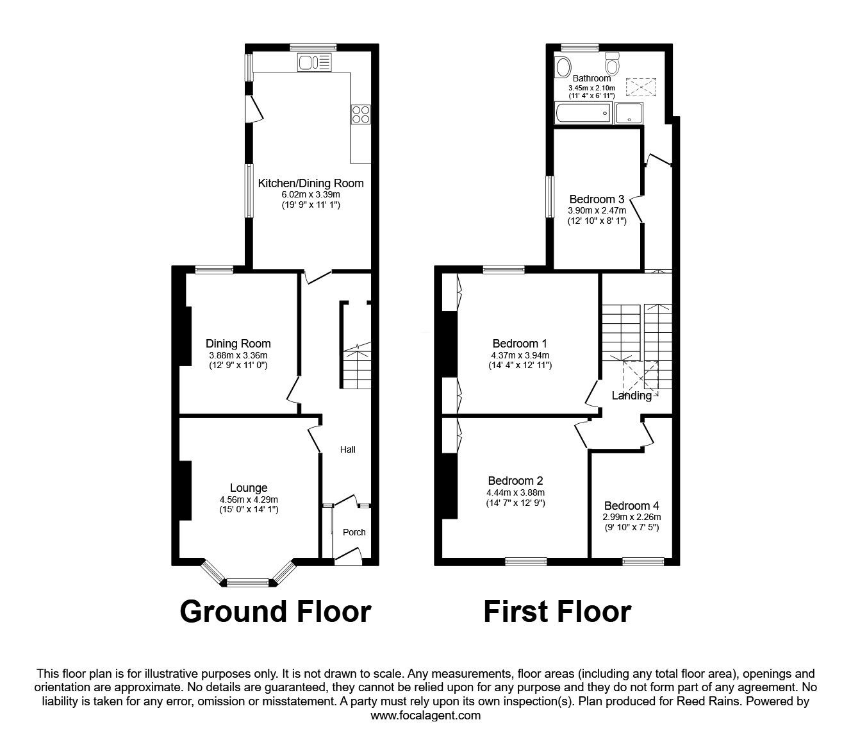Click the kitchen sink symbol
pyautogui.click(x=314, y=62)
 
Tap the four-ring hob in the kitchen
pyautogui.click(x=361, y=114)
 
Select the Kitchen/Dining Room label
pyautogui.click(x=310, y=183)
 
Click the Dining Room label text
pyautogui.click(x=238, y=344)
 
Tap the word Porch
pyautogui.click(x=354, y=532)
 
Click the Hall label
pyautogui.click(x=347, y=449)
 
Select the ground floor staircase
pyautogui.click(x=356, y=369)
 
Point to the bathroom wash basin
pyautogui.click(x=564, y=67)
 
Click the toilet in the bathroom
pyautogui.click(x=612, y=64)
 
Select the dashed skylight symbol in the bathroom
pyautogui.click(x=638, y=86)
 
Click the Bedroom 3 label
pyautogui.click(x=597, y=199)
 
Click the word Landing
pyautogui.click(x=632, y=396)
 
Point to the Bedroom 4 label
pyautogui.click(x=631, y=505)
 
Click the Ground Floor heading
pyautogui.click(x=275, y=612)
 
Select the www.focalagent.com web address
pyautogui.click(x=425, y=716)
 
